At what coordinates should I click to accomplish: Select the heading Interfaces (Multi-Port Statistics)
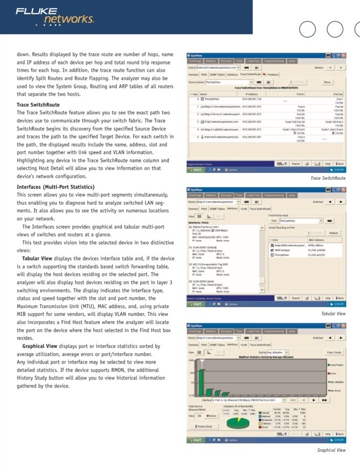55,187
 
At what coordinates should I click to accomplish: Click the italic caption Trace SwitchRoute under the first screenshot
328,178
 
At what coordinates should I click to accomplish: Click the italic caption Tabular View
333,313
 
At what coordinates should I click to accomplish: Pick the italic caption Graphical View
331,450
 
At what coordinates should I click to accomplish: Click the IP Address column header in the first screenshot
251,94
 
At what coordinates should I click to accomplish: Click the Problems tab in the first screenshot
272,74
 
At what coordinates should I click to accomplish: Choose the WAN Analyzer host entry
283,249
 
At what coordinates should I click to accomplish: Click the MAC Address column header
316,240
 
